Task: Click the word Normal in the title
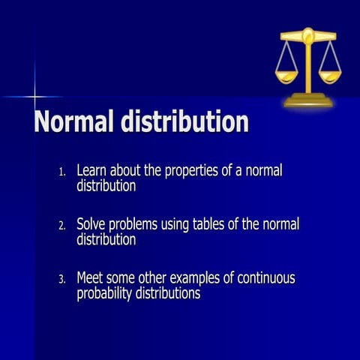[74, 123]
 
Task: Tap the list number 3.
[62, 280]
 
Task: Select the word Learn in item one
[92, 171]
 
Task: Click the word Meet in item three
[91, 278]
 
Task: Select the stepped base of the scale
[307, 100]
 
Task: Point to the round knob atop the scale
[307, 32]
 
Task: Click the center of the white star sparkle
[34, 97]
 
